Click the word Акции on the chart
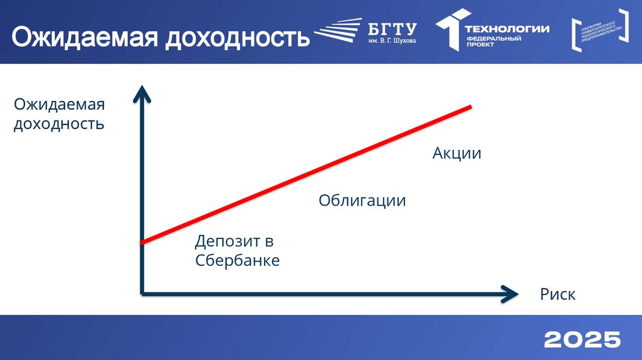(x=456, y=152)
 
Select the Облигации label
(x=362, y=201)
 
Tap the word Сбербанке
(x=237, y=260)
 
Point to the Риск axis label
(x=557, y=294)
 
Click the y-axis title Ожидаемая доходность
(x=59, y=113)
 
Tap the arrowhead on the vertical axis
(x=143, y=93)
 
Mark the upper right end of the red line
(x=469, y=107)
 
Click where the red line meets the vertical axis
(x=143, y=242)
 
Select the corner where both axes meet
(x=143, y=293)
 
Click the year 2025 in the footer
(x=582, y=340)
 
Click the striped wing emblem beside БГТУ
(x=337, y=32)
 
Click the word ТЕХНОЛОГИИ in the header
(x=507, y=28)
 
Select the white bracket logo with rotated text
(x=599, y=29)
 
